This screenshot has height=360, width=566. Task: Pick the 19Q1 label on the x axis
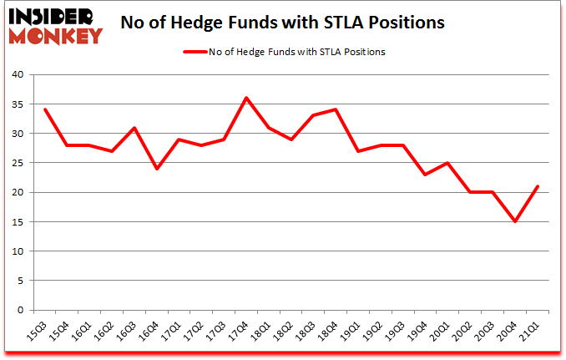(x=355, y=332)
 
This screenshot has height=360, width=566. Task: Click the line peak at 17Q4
(x=246, y=98)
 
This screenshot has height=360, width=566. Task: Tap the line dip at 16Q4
(x=156, y=168)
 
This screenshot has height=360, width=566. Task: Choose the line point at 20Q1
(x=450, y=163)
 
